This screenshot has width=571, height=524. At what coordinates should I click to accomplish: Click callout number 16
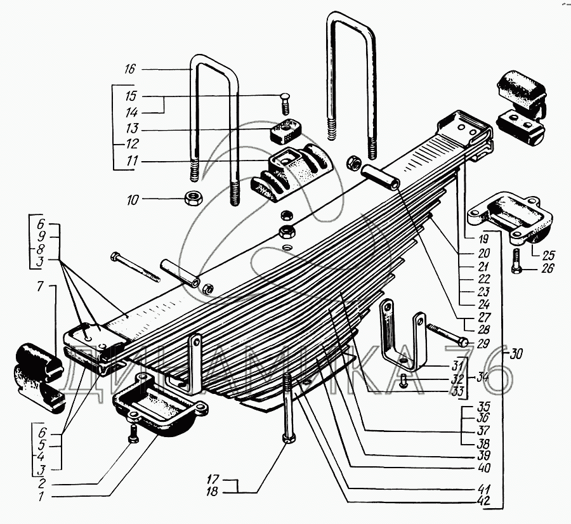pos(130,69)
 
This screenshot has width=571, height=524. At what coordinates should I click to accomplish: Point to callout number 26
pos(548,269)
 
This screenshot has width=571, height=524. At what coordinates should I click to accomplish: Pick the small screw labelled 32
pos(404,381)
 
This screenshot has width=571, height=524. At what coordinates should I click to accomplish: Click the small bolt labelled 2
pos(133,433)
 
